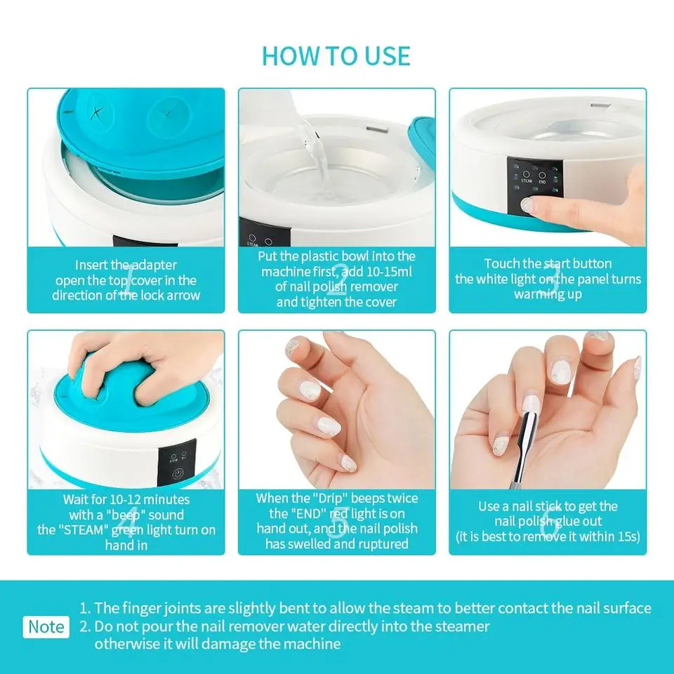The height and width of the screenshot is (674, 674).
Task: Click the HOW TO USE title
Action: [336, 55]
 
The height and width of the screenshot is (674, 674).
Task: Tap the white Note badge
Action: [46, 626]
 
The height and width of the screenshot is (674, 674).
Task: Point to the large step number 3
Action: [548, 279]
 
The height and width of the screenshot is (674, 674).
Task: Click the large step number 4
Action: [126, 523]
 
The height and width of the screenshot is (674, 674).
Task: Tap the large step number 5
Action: [337, 523]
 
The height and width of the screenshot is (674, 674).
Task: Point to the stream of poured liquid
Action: [312, 151]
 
